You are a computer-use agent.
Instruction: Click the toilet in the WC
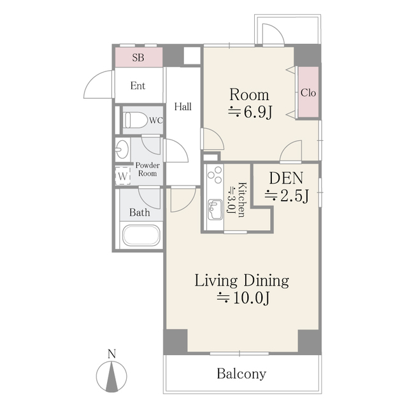(134, 120)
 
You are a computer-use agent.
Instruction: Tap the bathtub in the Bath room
(141, 235)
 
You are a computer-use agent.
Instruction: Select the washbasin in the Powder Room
(122, 149)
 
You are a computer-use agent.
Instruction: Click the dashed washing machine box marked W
(123, 176)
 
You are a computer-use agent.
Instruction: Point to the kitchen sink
(215, 210)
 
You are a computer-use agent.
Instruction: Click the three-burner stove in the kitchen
(215, 175)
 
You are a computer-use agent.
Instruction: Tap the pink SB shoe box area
(139, 57)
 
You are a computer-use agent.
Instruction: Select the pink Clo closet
(308, 92)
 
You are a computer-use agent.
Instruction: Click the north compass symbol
(111, 375)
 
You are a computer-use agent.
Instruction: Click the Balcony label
(241, 374)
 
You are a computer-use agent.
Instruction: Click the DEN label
(286, 178)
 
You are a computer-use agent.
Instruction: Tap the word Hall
(183, 106)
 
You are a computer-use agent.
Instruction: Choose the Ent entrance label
(138, 85)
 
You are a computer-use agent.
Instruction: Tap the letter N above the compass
(111, 354)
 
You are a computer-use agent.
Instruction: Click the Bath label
(139, 212)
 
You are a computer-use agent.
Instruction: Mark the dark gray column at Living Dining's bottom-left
(175, 342)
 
